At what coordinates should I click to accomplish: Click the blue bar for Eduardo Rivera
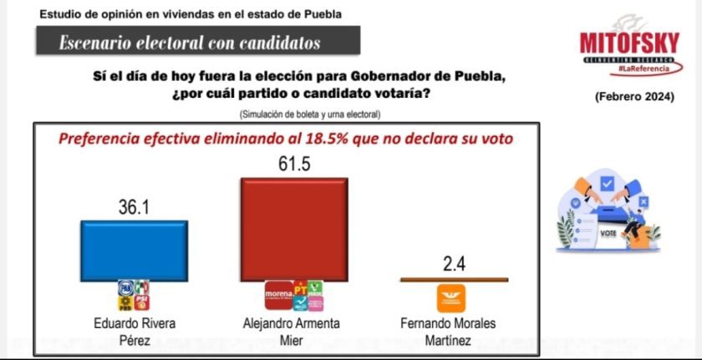click(134, 251)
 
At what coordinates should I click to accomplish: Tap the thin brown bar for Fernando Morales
click(453, 279)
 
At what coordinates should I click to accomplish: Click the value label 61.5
click(294, 164)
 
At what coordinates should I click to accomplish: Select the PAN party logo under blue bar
click(126, 289)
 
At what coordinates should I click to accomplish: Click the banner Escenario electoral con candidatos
click(190, 43)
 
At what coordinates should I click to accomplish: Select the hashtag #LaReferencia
click(643, 67)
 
